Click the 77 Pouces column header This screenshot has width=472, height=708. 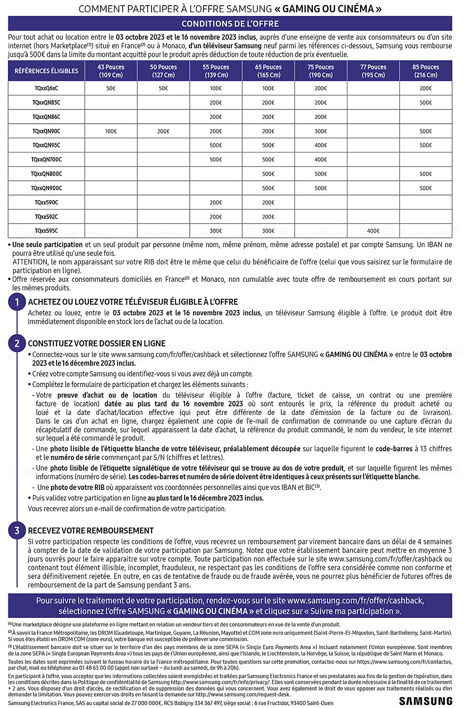point(373,71)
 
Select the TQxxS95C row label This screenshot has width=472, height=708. point(46,231)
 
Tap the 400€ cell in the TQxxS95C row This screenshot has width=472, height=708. point(373,231)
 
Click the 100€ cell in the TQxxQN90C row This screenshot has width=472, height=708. point(111,131)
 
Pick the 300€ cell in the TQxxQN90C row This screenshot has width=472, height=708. point(320,131)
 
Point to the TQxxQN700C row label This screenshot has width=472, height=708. point(46,160)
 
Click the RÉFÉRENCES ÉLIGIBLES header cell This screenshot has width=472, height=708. point(46,71)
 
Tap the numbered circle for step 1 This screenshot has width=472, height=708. point(17,302)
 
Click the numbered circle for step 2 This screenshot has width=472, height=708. point(17,343)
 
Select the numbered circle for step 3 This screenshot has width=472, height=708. point(17,530)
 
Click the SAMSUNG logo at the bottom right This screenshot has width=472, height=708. point(425,701)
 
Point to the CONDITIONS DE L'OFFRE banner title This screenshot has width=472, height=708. point(230,24)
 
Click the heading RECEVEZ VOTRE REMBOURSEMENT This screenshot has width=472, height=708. point(91,531)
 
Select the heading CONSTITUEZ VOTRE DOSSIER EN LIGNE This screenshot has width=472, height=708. point(96,344)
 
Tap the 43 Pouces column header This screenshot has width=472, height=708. point(111,71)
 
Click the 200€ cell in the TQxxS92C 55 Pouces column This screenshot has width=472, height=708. point(216,217)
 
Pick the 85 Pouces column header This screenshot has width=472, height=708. point(425,71)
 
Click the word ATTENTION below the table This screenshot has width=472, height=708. point(30,262)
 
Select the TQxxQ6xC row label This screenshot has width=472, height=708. point(46,88)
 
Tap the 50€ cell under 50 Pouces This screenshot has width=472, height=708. point(163,88)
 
